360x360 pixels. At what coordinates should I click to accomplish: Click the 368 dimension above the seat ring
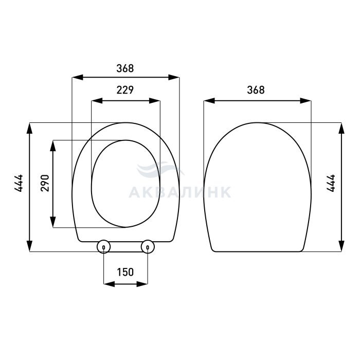pyautogui.click(x=125, y=68)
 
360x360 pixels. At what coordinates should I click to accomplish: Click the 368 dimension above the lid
pyautogui.click(x=256, y=90)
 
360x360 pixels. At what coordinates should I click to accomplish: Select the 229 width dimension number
pyautogui.click(x=125, y=90)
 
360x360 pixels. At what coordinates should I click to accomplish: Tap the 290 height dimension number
pyautogui.click(x=45, y=183)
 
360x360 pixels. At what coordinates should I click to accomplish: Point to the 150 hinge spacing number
pyautogui.click(x=125, y=272)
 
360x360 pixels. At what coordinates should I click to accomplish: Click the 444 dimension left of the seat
pyautogui.click(x=19, y=183)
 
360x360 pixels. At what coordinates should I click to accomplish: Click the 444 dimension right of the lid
pyautogui.click(x=331, y=183)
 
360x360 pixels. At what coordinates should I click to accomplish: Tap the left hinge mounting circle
pyautogui.click(x=103, y=247)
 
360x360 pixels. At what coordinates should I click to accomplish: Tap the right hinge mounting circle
pyautogui.click(x=148, y=247)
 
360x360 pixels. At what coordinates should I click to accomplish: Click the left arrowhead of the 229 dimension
pyautogui.click(x=97, y=101)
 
